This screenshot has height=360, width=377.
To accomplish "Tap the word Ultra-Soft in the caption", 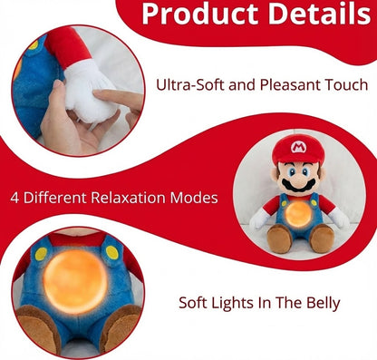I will (x=190, y=86).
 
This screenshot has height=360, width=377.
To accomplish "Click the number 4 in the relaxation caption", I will (x=15, y=197).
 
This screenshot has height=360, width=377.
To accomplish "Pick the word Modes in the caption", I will (x=198, y=197).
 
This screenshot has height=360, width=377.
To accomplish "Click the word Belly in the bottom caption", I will (x=318, y=302).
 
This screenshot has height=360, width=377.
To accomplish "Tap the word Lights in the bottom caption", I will (x=245, y=302).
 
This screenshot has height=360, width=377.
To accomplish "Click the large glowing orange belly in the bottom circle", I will (x=74, y=279).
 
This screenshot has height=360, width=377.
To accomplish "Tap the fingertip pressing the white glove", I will (x=101, y=94).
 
